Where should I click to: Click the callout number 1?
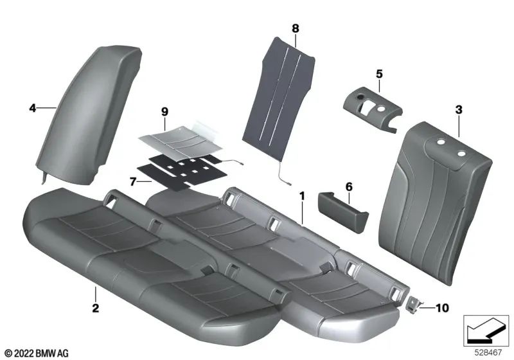tap(301, 193)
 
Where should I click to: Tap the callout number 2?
tap(95, 309)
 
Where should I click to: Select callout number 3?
tap(458, 111)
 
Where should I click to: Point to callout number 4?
tap(32, 109)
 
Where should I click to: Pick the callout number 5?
tap(379, 73)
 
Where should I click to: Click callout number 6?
tap(349, 186)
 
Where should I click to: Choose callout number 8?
tap(295, 28)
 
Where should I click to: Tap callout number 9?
tap(164, 112)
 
